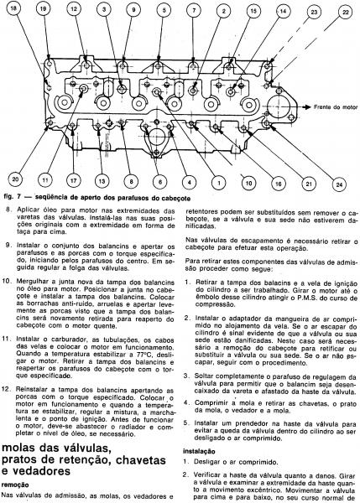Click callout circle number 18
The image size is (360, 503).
click(x=13, y=8)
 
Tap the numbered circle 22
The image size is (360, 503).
click(x=346, y=13)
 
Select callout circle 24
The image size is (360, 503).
click(x=339, y=184)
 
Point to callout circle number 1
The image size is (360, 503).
click(x=219, y=183)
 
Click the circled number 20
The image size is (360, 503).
click(x=15, y=179)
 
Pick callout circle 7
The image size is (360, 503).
click(x=194, y=10)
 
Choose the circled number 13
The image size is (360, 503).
click(x=102, y=181)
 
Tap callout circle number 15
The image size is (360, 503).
click(x=253, y=11)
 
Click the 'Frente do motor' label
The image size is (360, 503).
click(x=336, y=107)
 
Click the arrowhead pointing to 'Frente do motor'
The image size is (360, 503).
click(x=308, y=107)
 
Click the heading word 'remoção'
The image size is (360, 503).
click(x=15, y=485)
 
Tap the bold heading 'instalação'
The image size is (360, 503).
click(x=199, y=451)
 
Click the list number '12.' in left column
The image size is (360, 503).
click(x=7, y=390)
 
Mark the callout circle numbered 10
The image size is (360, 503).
click(x=248, y=183)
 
